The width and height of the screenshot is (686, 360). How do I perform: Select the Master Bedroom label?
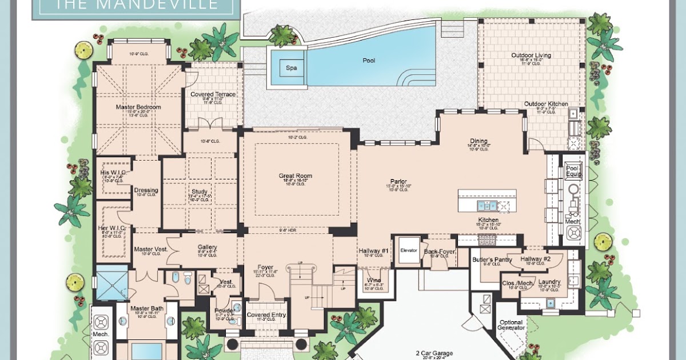tap(138, 107)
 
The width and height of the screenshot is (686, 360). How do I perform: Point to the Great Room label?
tap(294, 175)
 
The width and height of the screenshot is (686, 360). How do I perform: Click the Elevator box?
tap(409, 250)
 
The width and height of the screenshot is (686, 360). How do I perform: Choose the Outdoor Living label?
tap(531, 55)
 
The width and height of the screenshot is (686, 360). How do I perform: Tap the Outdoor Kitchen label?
tap(546, 104)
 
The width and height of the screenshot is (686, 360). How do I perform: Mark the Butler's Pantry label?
tap(492, 259)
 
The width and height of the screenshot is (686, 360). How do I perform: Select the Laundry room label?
tap(549, 282)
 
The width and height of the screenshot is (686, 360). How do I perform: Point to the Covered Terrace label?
tap(213, 94)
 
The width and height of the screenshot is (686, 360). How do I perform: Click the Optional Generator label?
tap(511, 325)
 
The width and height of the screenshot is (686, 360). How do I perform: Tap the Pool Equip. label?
tap(572, 171)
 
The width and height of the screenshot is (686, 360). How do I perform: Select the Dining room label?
tap(478, 141)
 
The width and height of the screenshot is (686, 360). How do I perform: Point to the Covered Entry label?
tap(266, 315)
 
